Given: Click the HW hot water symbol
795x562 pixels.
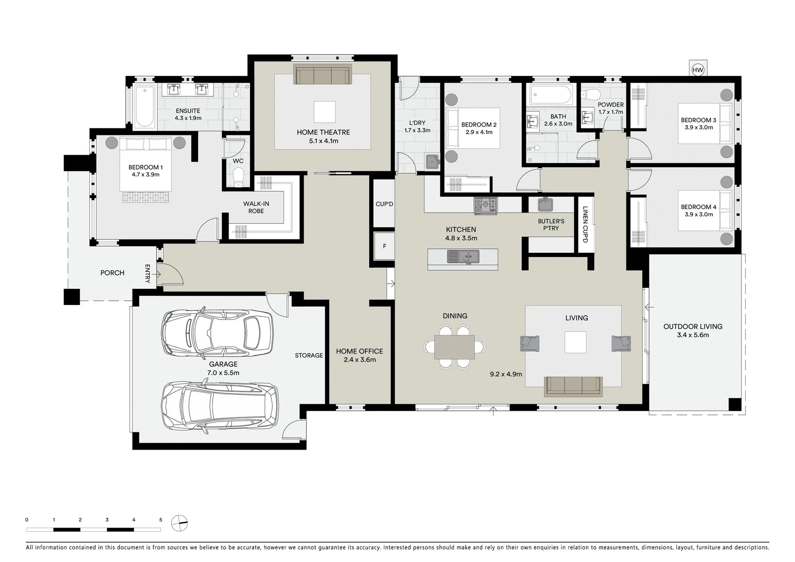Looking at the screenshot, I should click(698, 70).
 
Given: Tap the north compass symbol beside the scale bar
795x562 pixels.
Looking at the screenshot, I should click(179, 522).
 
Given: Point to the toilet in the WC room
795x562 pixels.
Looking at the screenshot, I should click(238, 180).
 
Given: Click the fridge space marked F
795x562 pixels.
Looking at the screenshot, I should click(384, 246).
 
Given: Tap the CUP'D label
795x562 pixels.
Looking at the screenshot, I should click(384, 204).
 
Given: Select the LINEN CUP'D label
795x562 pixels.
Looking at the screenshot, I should click(585, 224).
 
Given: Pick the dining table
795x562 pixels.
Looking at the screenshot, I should click(454, 347).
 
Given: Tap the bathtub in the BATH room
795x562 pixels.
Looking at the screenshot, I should click(551, 95).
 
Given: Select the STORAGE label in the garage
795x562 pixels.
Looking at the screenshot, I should click(309, 355).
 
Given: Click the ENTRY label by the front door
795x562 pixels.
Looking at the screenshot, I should click(147, 274).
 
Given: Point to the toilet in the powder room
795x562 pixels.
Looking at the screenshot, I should click(591, 95).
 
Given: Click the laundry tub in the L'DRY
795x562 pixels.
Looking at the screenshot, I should click(433, 162).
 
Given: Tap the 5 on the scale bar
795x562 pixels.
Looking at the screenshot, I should click(161, 520).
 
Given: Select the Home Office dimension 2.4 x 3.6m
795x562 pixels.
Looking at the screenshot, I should click(359, 360).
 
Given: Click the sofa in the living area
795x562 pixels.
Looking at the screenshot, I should click(572, 386).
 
